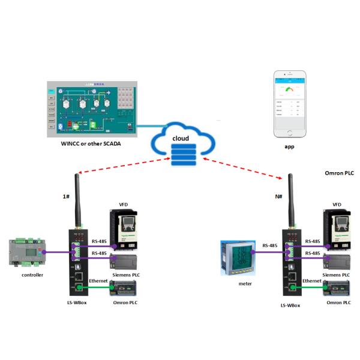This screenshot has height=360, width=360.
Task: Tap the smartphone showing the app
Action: tap(290, 104)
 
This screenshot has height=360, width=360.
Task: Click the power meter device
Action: tap(239, 257)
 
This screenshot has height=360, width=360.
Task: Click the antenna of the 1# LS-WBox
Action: tap(77, 198)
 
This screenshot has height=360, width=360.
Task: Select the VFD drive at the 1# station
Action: tap(127, 228)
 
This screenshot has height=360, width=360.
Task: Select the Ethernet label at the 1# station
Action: tap(99, 281)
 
